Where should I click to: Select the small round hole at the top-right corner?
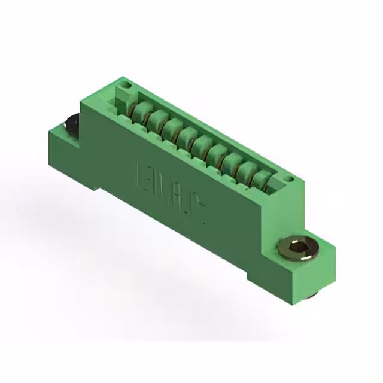[x=289, y=178]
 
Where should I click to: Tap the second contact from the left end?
[x=157, y=119]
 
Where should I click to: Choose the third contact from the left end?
[x=172, y=127]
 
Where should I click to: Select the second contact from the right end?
[x=246, y=169]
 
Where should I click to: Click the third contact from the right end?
[x=231, y=161]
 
